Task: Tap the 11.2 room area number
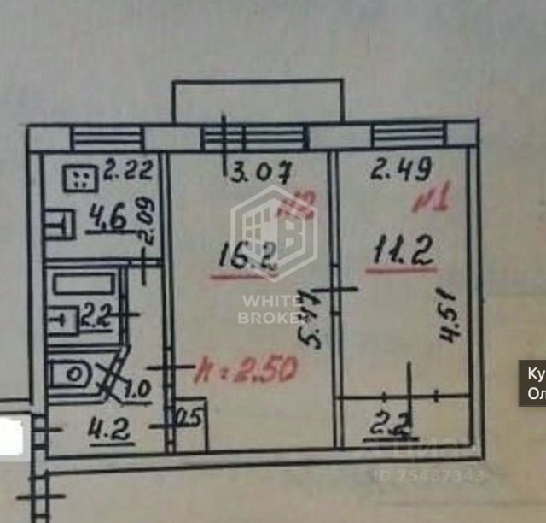[x=399, y=252]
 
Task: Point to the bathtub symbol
[x=81, y=283]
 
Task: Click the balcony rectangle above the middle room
[x=258, y=101]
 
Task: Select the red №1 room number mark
[x=431, y=204]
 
